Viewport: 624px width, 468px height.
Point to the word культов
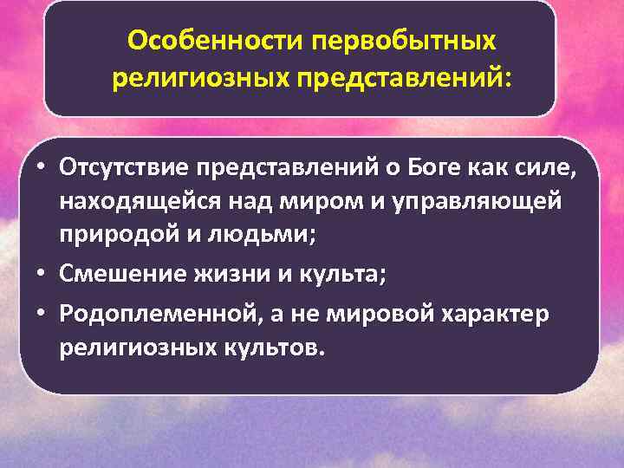click(264, 348)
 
